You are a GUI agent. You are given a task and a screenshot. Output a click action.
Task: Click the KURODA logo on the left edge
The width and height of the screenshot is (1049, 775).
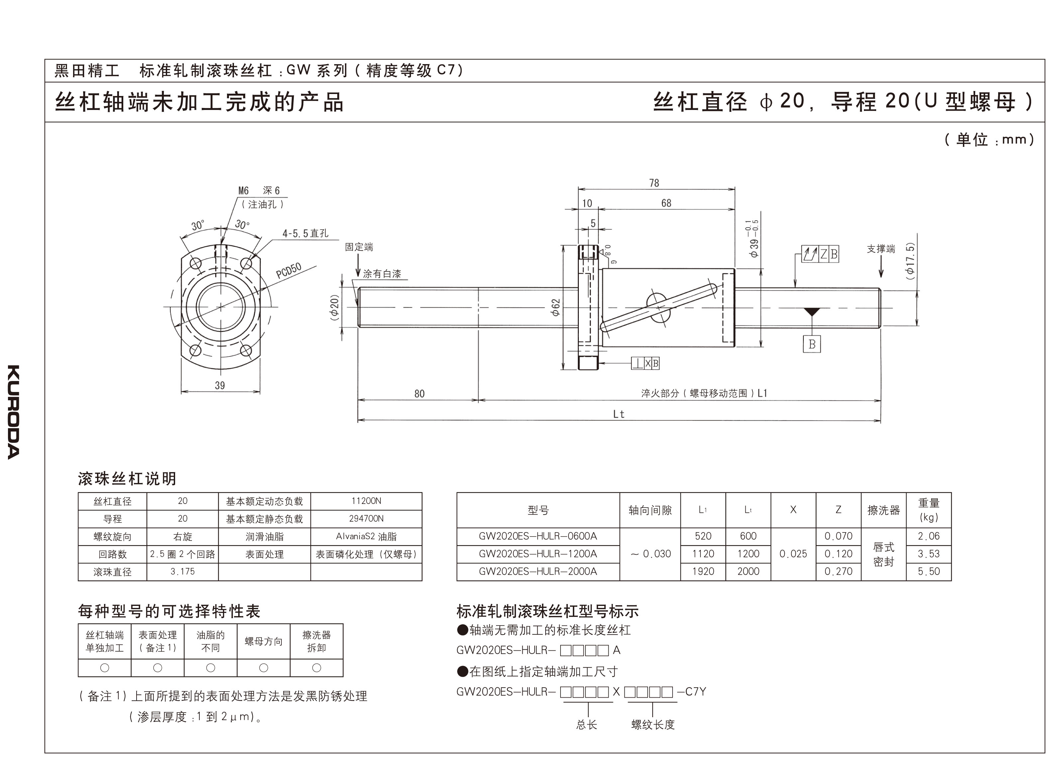click(x=14, y=412)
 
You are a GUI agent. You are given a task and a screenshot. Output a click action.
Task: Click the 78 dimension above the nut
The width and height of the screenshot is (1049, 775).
click(x=654, y=183)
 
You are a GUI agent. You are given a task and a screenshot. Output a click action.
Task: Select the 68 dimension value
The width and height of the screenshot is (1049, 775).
click(x=666, y=203)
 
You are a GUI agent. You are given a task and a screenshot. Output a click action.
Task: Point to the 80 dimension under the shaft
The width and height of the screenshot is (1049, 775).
click(x=419, y=394)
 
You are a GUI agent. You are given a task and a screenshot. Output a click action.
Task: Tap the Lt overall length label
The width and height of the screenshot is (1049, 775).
click(x=619, y=414)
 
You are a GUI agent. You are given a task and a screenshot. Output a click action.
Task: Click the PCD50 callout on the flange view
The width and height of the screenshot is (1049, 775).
click(x=288, y=271)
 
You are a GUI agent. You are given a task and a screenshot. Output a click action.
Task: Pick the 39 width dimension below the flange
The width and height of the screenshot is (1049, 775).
click(x=220, y=385)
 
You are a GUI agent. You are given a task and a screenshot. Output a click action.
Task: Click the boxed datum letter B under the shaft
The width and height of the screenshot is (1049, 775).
click(x=812, y=344)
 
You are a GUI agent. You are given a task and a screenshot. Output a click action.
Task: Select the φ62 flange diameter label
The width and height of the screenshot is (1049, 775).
click(x=556, y=307)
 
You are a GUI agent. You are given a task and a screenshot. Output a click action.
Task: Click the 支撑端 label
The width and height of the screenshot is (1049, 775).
click(x=881, y=249)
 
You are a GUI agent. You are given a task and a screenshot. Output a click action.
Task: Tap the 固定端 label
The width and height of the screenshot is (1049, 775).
click(x=359, y=247)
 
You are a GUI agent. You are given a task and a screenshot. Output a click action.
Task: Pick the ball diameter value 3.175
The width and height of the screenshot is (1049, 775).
click(x=182, y=571)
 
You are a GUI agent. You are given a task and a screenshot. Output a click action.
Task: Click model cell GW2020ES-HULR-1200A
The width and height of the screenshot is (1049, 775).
click(x=538, y=553)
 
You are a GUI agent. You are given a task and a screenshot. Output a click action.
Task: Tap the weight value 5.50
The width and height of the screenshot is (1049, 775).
click(x=928, y=571)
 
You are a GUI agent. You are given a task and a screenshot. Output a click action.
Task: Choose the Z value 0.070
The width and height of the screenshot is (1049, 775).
click(x=838, y=536)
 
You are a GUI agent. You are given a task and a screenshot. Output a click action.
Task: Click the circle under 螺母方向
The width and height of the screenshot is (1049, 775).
click(x=263, y=668)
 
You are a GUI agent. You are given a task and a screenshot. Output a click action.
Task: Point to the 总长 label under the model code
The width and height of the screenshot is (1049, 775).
click(x=586, y=725)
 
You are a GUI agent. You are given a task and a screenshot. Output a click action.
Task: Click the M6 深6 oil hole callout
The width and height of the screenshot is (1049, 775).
click(x=259, y=190)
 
